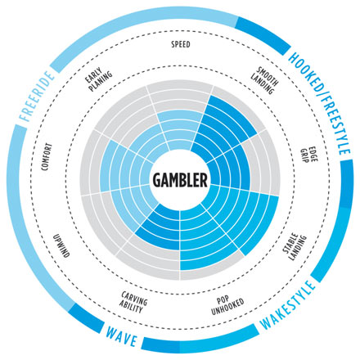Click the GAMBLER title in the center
click(x=180, y=180)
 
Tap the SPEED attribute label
click(x=181, y=44)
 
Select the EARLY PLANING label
click(x=98, y=79)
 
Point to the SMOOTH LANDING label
click(x=265, y=80)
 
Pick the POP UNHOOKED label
click(x=227, y=306)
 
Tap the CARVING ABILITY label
click(x=133, y=303)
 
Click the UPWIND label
click(x=61, y=245)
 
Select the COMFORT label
click(x=47, y=157)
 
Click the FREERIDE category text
click(x=37, y=96)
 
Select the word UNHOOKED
click(x=227, y=309)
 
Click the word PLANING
click(x=101, y=82)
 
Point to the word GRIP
click(x=304, y=156)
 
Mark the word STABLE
click(x=290, y=243)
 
